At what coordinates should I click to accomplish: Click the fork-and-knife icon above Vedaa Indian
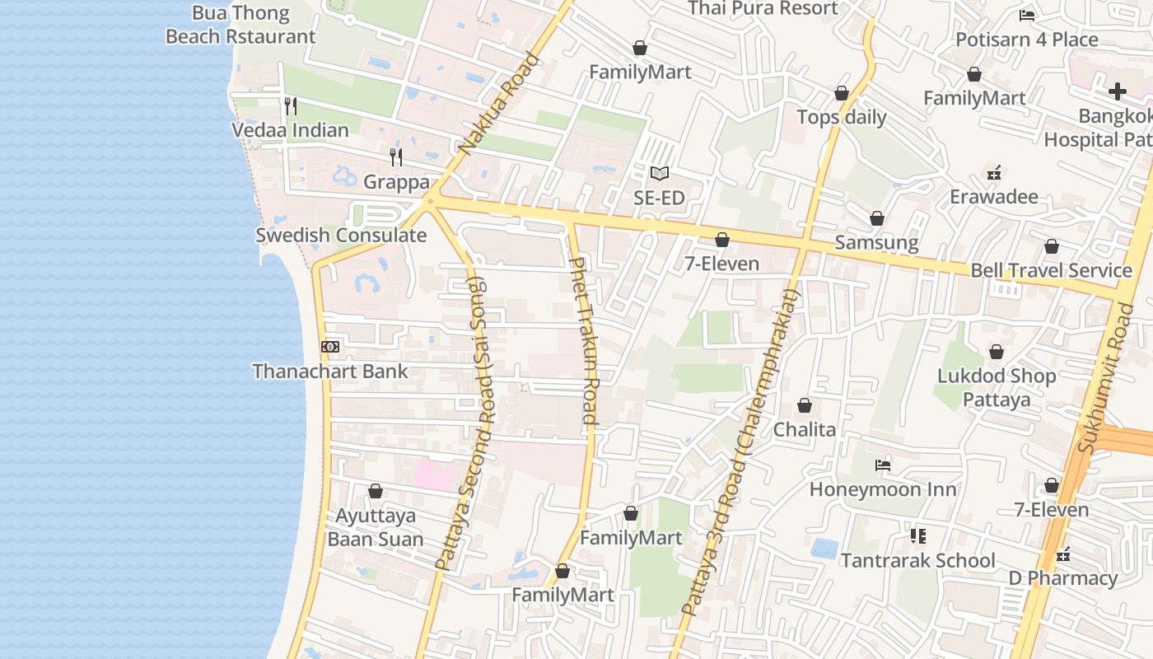(290, 106)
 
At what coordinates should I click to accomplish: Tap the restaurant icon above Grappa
(396, 157)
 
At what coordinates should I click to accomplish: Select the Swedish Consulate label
(341, 236)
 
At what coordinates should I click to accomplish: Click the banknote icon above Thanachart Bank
(330, 347)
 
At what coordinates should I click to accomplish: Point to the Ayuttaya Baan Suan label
(376, 528)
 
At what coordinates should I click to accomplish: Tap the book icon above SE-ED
(659, 173)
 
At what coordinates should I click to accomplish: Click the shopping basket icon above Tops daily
(842, 93)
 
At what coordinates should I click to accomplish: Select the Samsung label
(876, 242)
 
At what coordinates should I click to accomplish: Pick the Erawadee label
(994, 197)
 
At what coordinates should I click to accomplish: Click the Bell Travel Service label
(1051, 270)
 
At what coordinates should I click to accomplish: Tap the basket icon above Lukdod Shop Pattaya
(997, 352)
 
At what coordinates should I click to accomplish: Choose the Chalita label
(804, 429)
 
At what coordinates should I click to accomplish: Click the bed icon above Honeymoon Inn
(883, 465)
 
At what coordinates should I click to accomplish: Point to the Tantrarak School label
(917, 561)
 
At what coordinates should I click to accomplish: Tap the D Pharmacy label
(1063, 578)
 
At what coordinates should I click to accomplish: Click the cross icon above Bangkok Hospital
(1117, 91)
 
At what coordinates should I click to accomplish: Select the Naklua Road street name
(499, 105)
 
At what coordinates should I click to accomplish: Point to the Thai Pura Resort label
(763, 9)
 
